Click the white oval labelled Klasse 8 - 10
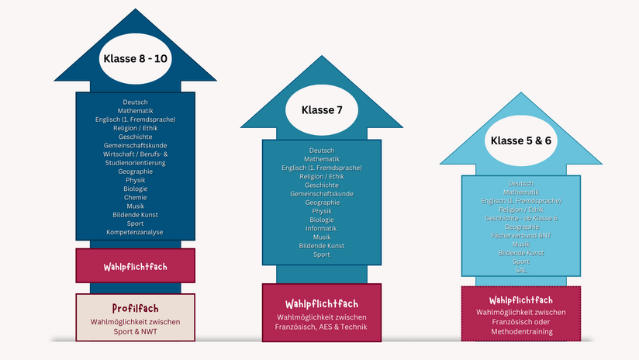pyautogui.click(x=135, y=59)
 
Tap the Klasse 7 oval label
pyautogui.click(x=322, y=110)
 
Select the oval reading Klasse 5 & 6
pyautogui.click(x=521, y=140)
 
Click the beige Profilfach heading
pyautogui.click(x=135, y=308)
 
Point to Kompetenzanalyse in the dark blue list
pyautogui.click(x=135, y=232)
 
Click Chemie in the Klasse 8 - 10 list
pyautogui.click(x=135, y=197)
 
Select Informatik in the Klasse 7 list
pyautogui.click(x=321, y=228)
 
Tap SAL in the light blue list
pyautogui.click(x=521, y=270)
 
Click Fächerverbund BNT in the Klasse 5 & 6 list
pyautogui.click(x=521, y=235)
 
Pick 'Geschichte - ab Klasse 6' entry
pyautogui.click(x=521, y=218)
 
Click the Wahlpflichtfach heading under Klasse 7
pyautogui.click(x=322, y=303)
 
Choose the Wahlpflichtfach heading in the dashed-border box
pyautogui.click(x=521, y=300)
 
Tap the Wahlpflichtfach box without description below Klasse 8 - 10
pyautogui.click(x=135, y=265)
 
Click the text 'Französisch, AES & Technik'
pyautogui.click(x=321, y=327)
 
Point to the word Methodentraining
pyautogui.click(x=522, y=331)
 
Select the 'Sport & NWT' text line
pyautogui.click(x=135, y=331)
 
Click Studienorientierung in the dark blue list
pyautogui.click(x=135, y=163)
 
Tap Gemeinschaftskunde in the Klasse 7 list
pyautogui.click(x=322, y=194)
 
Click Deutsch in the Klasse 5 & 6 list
pyautogui.click(x=521, y=183)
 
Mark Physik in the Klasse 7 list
pyautogui.click(x=322, y=211)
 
